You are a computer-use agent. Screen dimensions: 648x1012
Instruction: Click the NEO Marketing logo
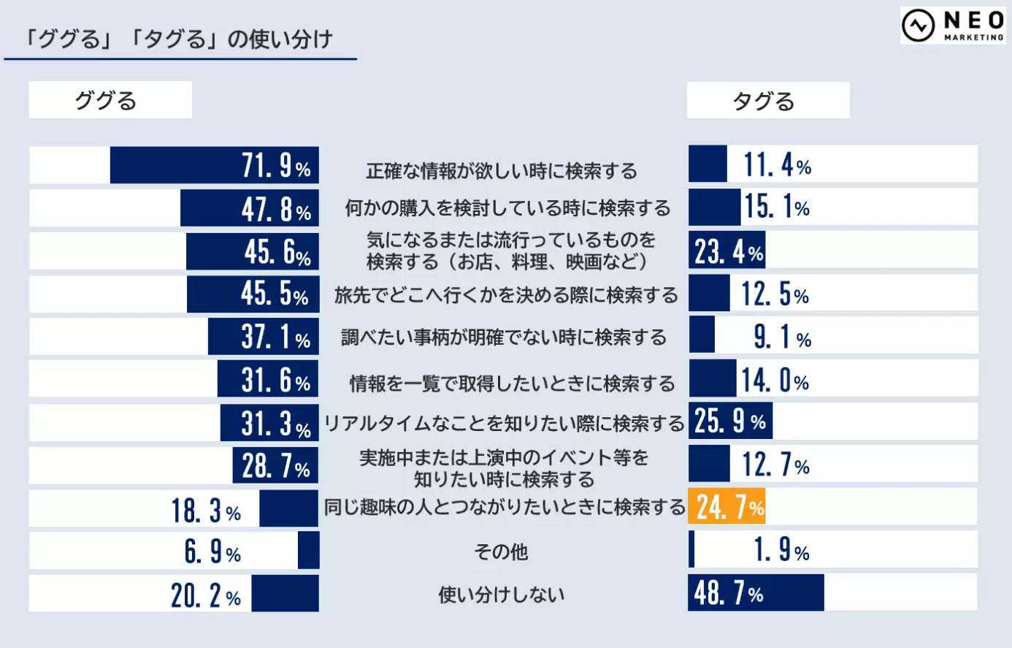click(x=952, y=26)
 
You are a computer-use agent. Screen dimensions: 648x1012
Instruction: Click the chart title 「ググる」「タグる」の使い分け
click(x=178, y=39)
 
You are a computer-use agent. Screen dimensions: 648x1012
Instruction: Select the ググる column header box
click(x=110, y=100)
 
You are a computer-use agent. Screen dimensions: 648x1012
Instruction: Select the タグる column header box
click(x=767, y=101)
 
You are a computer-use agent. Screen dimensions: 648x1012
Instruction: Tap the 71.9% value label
click(x=276, y=166)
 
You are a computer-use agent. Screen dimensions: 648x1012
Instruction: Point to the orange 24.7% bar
click(x=727, y=506)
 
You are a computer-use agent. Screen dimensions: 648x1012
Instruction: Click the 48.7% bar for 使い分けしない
click(x=756, y=592)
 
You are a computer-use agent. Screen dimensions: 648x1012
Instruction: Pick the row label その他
click(x=501, y=552)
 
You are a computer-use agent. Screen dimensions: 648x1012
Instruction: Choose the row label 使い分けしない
click(x=501, y=595)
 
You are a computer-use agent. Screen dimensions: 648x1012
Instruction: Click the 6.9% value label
click(x=212, y=552)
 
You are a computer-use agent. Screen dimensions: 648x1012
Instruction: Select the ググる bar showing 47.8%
click(x=249, y=209)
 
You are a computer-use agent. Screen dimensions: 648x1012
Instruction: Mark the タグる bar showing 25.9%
click(x=730, y=422)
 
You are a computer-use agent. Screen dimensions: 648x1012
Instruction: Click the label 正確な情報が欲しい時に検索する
click(x=501, y=171)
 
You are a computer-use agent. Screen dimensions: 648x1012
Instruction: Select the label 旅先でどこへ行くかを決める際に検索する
click(x=505, y=295)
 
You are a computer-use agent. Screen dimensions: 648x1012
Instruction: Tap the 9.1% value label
click(x=782, y=337)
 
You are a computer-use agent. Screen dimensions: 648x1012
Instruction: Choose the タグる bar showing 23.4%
click(x=727, y=251)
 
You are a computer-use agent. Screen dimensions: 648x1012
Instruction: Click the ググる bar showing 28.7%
click(x=275, y=465)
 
